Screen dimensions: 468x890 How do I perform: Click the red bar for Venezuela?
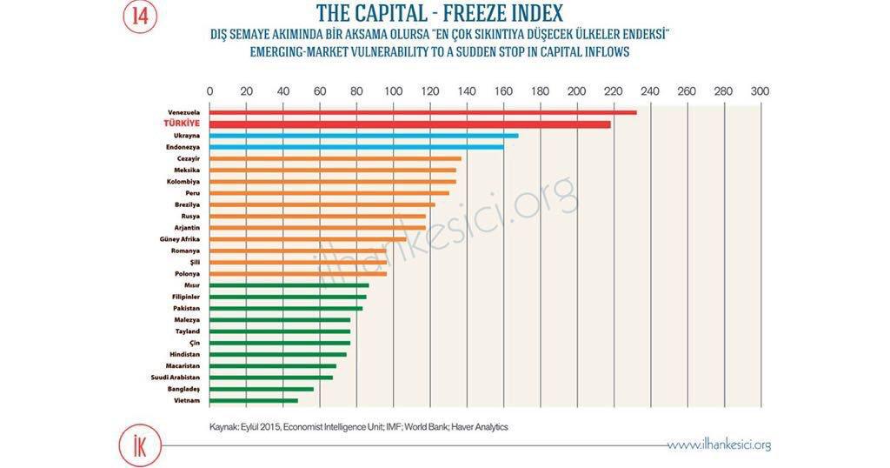(x=422, y=112)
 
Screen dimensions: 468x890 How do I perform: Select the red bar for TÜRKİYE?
(x=409, y=124)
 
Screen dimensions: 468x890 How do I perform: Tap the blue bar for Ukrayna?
(x=363, y=136)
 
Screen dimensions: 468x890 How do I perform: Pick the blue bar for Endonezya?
(x=356, y=147)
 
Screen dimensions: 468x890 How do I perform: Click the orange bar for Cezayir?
(x=335, y=158)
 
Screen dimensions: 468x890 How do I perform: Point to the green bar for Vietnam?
(x=253, y=400)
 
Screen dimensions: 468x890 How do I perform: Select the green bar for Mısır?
(x=289, y=285)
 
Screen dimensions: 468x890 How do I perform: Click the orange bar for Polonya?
(x=297, y=273)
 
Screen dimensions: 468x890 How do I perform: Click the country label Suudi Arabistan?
(x=176, y=378)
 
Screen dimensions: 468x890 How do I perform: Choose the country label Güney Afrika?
(x=180, y=239)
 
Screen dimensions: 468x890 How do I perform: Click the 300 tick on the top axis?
(x=760, y=91)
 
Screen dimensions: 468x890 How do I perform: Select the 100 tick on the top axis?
(x=393, y=91)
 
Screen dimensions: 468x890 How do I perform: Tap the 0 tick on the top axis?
(x=209, y=91)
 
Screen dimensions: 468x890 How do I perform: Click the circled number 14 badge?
(x=139, y=17)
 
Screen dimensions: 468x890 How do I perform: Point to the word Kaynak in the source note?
(x=223, y=427)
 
